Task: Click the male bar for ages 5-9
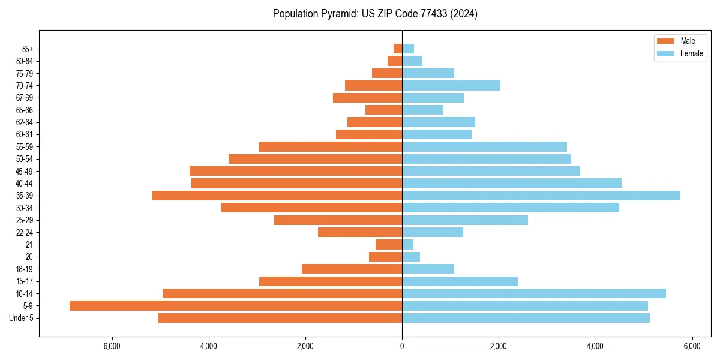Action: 236,305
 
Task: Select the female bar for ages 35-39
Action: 541,196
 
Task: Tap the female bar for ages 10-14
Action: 534,293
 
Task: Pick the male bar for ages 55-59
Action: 330,146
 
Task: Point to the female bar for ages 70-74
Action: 451,85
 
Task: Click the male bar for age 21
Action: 389,244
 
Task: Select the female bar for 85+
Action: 408,49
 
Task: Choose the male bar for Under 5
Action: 280,318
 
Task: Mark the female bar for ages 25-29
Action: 465,220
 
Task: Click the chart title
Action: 375,14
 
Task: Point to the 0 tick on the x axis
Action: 402,346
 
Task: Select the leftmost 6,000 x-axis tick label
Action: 112,346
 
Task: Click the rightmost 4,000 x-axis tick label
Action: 595,346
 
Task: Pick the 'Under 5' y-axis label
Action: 21,318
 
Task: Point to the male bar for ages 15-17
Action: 331,281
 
